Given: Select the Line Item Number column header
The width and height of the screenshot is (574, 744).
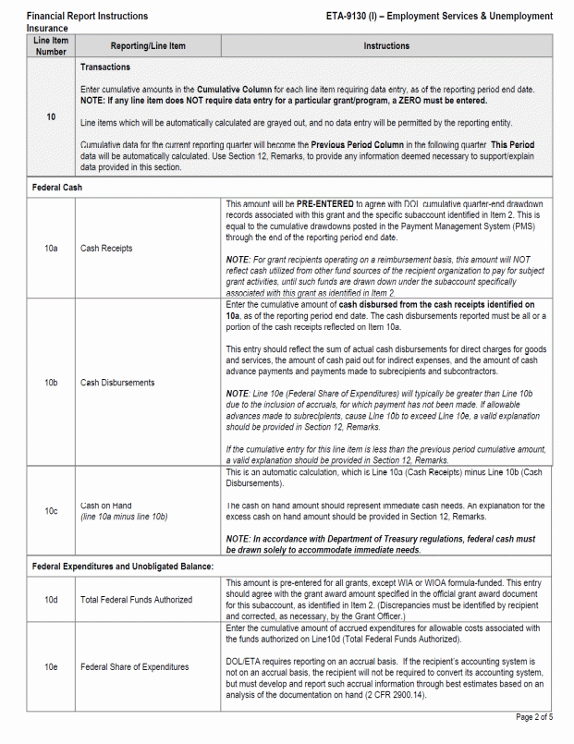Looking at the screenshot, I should [x=51, y=46].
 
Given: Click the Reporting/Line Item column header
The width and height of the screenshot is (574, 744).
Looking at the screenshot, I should [x=148, y=46].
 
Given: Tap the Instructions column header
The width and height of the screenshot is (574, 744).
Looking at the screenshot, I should [x=386, y=46].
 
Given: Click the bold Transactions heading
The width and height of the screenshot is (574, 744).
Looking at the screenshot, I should [x=105, y=67].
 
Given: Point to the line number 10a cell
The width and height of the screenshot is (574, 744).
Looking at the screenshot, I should [x=51, y=249].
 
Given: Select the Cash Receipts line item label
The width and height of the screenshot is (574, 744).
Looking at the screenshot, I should [x=106, y=249].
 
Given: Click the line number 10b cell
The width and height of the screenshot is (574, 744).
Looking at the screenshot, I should [x=51, y=383].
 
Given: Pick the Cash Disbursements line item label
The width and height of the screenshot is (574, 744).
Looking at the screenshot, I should [x=117, y=383].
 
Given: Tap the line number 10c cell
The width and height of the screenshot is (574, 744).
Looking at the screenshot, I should [x=51, y=511].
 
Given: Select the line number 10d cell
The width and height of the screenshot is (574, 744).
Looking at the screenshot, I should [x=51, y=600].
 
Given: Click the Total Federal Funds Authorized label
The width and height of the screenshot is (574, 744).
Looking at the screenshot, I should [x=136, y=600].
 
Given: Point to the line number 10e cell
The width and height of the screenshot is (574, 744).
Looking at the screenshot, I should [x=51, y=666].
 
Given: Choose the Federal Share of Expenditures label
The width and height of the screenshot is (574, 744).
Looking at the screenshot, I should [x=134, y=666].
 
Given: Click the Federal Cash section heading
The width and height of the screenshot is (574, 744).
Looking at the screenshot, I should [x=59, y=187].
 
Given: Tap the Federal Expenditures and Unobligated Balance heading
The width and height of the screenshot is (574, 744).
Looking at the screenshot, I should [x=123, y=566].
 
